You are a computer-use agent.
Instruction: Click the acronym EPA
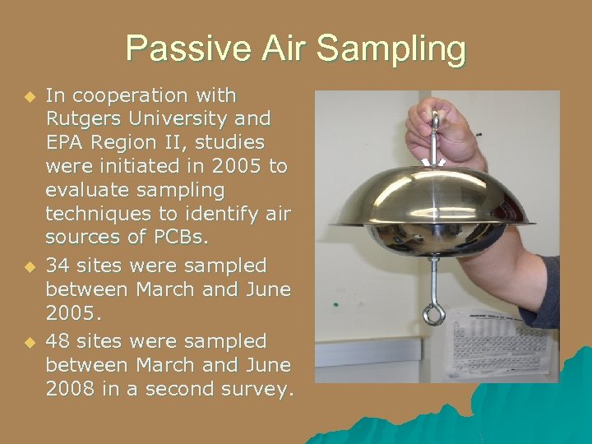[67, 143]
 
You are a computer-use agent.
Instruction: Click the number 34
[58, 266]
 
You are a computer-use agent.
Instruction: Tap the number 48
[58, 340]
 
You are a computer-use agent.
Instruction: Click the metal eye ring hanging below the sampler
[433, 313]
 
